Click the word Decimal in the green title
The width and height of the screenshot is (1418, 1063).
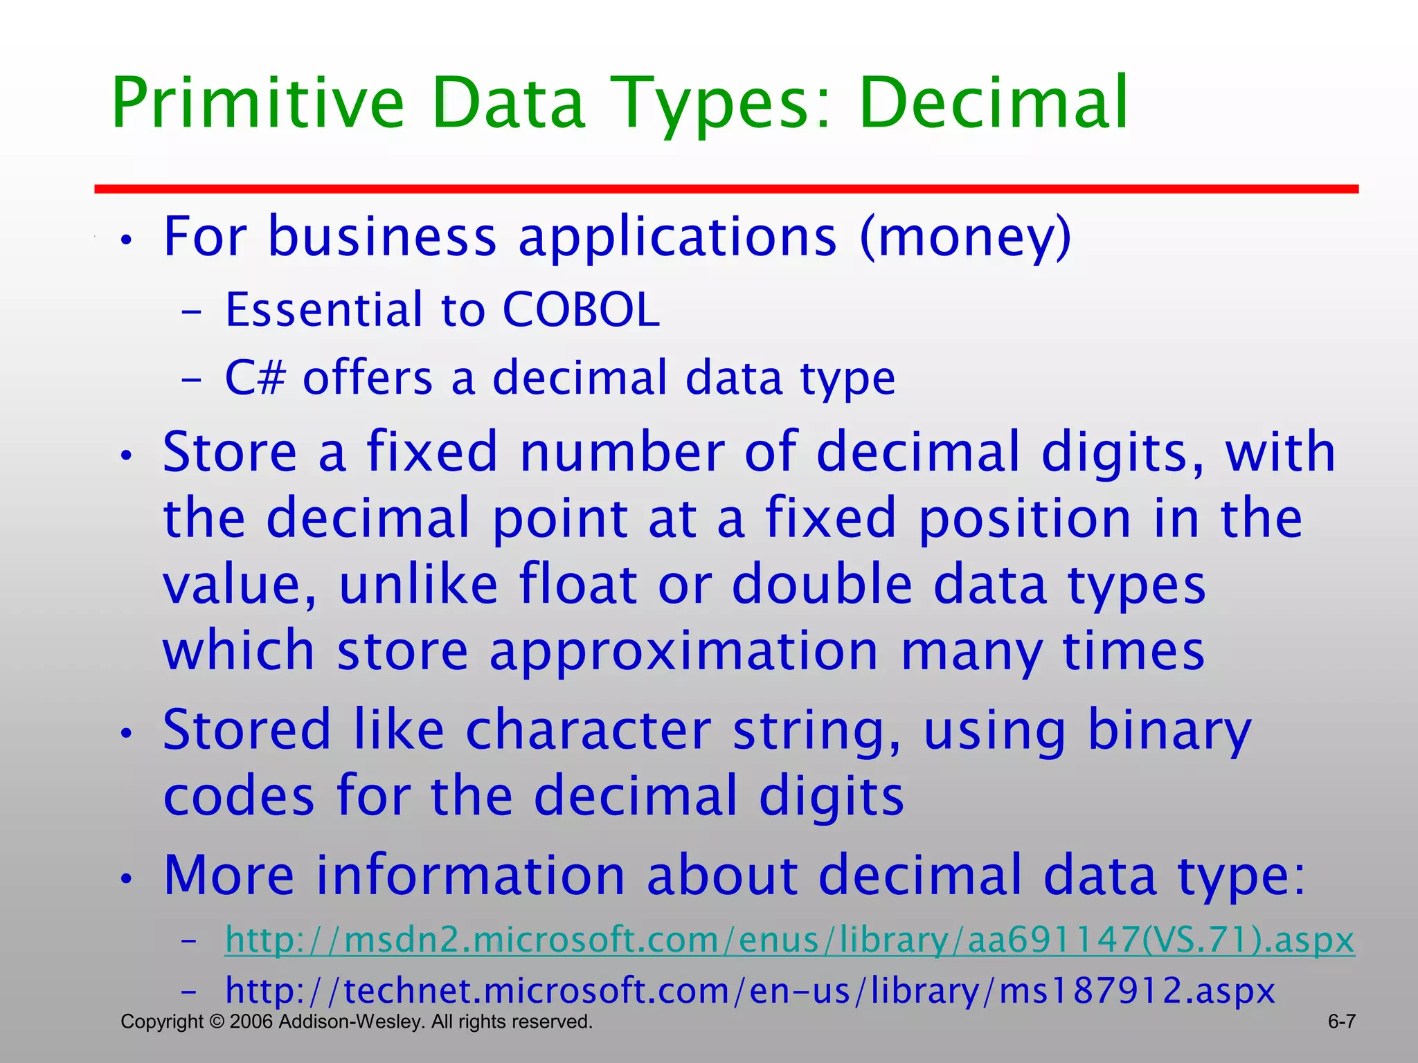coord(994,104)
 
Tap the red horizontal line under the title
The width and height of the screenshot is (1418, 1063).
coord(726,188)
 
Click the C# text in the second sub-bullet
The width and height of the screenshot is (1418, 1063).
coord(255,379)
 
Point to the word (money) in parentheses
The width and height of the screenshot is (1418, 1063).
coord(965,237)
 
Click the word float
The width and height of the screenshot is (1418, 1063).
coord(578,585)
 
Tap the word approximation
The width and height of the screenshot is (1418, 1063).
coord(683,651)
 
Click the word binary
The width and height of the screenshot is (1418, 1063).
coord(1169,731)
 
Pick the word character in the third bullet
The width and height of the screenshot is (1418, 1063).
coord(589,731)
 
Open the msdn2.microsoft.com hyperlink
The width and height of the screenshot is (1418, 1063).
coord(789,941)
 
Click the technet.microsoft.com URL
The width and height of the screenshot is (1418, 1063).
coord(750,990)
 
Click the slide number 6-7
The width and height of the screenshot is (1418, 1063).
coord(1341,1021)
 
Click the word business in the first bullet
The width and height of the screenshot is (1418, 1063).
coord(382,237)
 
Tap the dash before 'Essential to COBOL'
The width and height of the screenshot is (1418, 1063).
coord(191,312)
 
